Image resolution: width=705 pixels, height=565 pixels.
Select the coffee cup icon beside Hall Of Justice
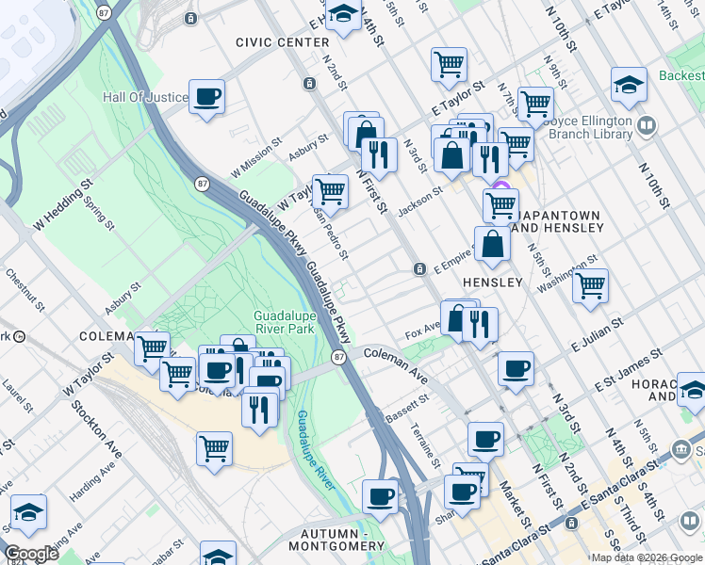coord(206,96)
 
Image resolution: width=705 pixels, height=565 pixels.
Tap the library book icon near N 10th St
coord(647,125)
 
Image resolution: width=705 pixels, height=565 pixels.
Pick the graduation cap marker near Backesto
coord(629,85)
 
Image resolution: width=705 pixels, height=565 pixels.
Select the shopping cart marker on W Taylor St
coord(330,191)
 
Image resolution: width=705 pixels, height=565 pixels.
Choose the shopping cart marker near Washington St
coord(590,285)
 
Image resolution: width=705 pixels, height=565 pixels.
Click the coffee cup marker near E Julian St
coord(516,369)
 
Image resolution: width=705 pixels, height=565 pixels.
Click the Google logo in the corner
coord(31,554)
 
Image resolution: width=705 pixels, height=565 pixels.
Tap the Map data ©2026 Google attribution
coord(647,557)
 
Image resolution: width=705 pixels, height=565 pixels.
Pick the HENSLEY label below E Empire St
coord(492,282)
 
